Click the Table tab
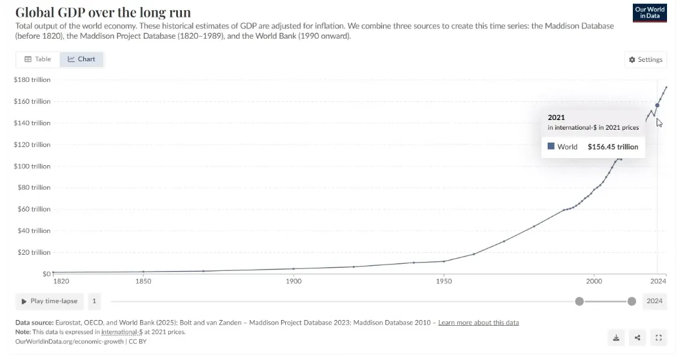click(37, 59)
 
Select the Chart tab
click(82, 59)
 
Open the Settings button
click(646, 59)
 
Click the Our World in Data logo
click(650, 13)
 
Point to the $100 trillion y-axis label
click(32, 166)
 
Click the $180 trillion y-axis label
click(32, 80)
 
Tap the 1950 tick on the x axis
click(444, 281)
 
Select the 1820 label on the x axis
click(61, 281)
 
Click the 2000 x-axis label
click(594, 281)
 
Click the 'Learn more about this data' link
click(478, 323)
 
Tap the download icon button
click(616, 337)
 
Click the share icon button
click(637, 337)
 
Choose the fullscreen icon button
click(658, 337)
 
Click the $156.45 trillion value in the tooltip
click(613, 147)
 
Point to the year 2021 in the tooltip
click(556, 117)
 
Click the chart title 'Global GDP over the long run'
click(103, 13)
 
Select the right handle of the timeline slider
click(632, 301)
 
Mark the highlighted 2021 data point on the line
click(657, 105)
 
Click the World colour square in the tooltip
click(552, 146)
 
